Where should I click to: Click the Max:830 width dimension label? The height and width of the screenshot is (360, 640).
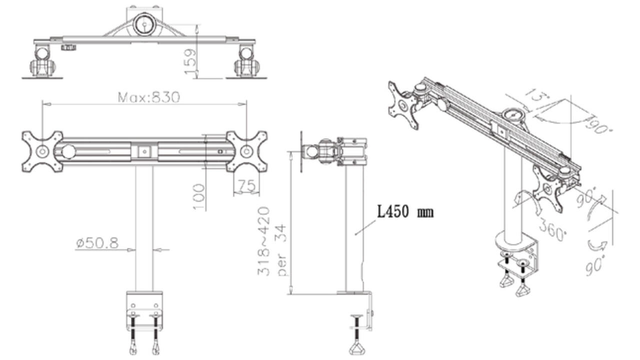149,97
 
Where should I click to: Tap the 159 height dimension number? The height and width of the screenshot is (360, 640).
189,61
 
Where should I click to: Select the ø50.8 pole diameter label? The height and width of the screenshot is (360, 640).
97,243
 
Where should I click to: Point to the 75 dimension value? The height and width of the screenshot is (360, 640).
247,185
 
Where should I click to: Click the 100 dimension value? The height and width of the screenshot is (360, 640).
199,197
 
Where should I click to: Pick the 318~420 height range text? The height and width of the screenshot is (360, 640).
263,241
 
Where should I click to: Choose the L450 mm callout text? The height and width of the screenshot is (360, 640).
405,211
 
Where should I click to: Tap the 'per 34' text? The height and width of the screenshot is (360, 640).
281,250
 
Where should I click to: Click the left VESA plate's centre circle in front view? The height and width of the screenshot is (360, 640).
42,151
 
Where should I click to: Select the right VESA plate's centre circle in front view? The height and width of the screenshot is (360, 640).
246,151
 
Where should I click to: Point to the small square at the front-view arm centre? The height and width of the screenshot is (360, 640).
144,151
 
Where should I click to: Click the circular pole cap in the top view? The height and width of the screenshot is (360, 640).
144,24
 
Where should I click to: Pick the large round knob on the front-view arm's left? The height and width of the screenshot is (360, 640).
68,151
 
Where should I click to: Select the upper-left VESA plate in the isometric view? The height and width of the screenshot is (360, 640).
403,105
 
